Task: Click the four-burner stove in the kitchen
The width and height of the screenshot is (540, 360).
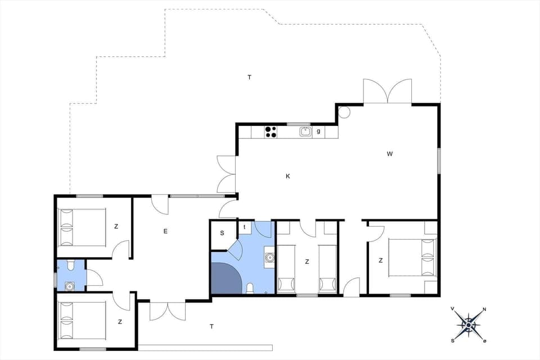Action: pyautogui.click(x=271, y=132)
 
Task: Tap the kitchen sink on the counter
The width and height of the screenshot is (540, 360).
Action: pyautogui.click(x=305, y=132)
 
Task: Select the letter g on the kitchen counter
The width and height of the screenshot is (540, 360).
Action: pyautogui.click(x=318, y=132)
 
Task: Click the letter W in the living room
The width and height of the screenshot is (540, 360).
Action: pyautogui.click(x=389, y=154)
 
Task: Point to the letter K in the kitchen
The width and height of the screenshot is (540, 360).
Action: pyautogui.click(x=287, y=177)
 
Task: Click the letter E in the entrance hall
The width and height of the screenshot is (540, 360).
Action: pyautogui.click(x=165, y=231)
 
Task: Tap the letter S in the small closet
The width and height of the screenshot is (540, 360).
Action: pyautogui.click(x=222, y=233)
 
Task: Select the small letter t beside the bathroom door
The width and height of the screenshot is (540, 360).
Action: pyautogui.click(x=245, y=227)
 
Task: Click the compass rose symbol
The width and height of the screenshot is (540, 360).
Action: pyautogui.click(x=468, y=324)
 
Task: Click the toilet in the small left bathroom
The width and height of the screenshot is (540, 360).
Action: pyautogui.click(x=70, y=265)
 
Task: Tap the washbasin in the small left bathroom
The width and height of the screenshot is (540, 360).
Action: pyautogui.click(x=70, y=285)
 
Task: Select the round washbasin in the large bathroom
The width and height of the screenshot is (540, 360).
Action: pyautogui.click(x=269, y=258)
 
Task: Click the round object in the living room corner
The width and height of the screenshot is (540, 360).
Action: pyautogui.click(x=344, y=111)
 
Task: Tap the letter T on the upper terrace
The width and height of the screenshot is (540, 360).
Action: pyautogui.click(x=249, y=77)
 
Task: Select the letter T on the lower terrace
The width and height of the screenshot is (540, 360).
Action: pyautogui.click(x=211, y=326)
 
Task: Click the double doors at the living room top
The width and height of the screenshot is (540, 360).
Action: pyautogui.click(x=387, y=92)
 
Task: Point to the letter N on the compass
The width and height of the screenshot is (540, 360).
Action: pyautogui.click(x=484, y=309)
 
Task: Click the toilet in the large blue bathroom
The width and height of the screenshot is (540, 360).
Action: pyautogui.click(x=250, y=289)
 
